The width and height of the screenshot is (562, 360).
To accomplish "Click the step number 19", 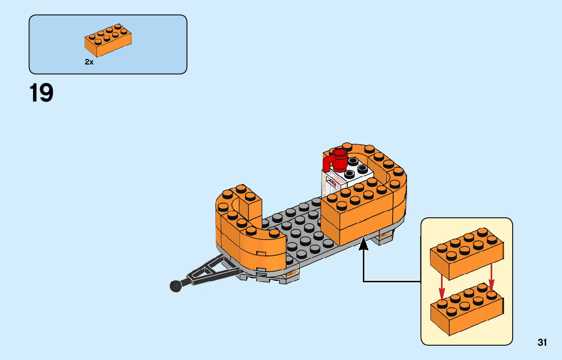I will [41, 93].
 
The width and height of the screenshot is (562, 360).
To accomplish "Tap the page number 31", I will [542, 342].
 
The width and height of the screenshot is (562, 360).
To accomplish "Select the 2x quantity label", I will [89, 62].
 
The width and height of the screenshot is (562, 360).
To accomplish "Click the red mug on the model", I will [339, 158].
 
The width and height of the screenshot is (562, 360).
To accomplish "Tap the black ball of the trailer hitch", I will [176, 286].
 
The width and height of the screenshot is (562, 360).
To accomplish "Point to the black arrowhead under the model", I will [363, 245].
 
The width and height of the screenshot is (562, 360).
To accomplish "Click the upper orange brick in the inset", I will [466, 254].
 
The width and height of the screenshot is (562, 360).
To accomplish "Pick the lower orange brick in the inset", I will [466, 307].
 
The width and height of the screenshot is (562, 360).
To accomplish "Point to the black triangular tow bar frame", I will [211, 269].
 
